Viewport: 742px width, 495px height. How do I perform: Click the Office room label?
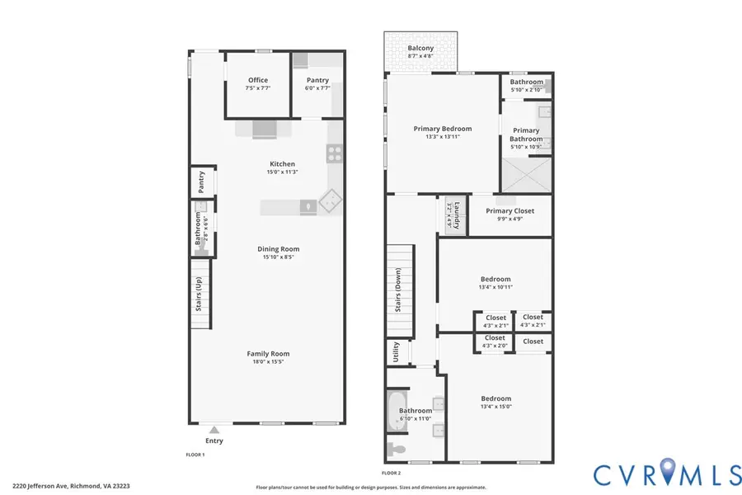point(258,80)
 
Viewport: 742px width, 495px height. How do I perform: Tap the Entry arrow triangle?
point(214,429)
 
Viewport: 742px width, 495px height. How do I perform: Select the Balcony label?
point(420,49)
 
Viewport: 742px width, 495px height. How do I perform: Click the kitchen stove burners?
point(335,152)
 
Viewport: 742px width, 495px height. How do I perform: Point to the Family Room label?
point(268,354)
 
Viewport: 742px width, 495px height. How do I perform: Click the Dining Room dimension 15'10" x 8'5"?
point(268,257)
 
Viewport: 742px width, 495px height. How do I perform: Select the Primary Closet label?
point(510,211)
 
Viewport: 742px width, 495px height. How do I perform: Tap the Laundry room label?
point(450,214)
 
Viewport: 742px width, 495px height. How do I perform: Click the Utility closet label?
point(395,351)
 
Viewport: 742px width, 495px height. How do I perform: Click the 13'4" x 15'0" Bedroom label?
point(495,398)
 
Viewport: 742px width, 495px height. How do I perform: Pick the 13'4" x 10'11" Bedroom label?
point(495,279)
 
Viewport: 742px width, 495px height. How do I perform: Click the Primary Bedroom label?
point(443,129)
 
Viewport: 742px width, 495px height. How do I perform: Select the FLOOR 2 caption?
point(391,473)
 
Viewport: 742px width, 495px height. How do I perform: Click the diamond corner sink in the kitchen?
point(330,199)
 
